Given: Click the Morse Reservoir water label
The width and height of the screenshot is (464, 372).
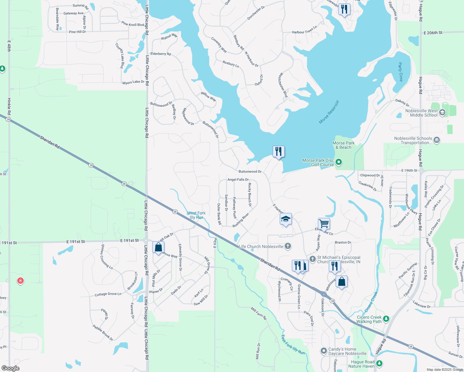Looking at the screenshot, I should coord(329,112).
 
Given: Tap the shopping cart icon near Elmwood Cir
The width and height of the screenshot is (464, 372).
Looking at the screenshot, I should coord(324,223).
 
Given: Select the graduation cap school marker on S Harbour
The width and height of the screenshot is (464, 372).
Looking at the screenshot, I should coord(286,219).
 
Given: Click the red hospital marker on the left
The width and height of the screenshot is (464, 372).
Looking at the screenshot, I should coord(20,281).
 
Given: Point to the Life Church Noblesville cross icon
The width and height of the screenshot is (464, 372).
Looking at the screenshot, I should coord(288,246).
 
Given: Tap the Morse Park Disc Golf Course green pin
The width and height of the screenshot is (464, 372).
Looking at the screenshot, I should coord(339,162).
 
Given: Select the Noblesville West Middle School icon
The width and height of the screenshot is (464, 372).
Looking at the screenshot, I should coord(442,113).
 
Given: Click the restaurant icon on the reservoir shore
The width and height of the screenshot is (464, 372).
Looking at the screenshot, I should coord(279,152).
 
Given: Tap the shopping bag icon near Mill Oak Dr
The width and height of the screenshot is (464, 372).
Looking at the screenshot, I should coord(158,247).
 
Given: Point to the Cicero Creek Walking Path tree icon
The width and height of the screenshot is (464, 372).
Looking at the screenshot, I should coord(386,319).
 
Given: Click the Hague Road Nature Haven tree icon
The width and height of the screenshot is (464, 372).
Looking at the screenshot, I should coord(379,363).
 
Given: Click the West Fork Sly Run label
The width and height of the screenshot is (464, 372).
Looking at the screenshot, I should coord(196,215).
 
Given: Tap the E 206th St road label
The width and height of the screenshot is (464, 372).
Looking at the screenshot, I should coord(433,33).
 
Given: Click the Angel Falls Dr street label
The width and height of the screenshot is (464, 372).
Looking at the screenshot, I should coord(238,179).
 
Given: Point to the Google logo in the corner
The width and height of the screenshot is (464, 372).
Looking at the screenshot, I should coord(10,368).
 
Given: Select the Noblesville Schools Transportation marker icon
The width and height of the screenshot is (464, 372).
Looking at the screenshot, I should coord(437,140).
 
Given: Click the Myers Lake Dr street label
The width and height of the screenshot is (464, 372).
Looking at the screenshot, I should coord(133,82).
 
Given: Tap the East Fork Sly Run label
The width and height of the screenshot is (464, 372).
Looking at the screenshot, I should coord(293,344).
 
